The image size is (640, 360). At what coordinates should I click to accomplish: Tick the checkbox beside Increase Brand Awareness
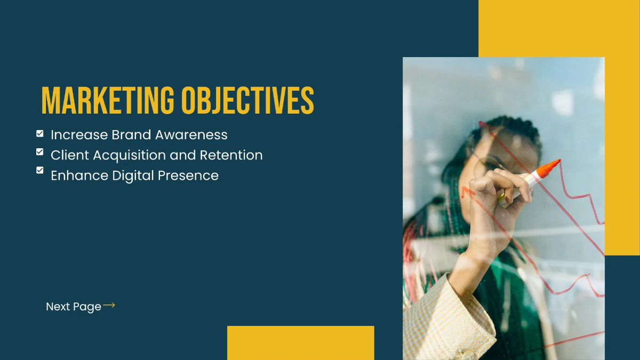coord(40,134)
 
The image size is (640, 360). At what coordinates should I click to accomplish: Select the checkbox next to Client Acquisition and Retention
coord(40,152)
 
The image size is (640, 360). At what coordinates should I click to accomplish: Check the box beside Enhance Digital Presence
coord(40,170)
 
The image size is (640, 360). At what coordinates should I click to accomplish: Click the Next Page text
coord(73,307)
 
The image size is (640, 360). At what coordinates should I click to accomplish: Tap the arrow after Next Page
coord(109,306)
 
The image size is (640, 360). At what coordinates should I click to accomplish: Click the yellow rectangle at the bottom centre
coord(300,342)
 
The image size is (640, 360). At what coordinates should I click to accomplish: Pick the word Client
coord(70,155)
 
